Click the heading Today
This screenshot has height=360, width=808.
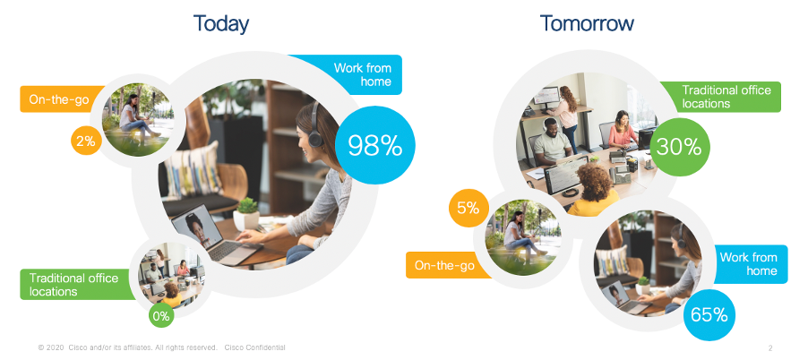click(x=220, y=23)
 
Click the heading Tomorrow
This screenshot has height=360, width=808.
click(x=587, y=23)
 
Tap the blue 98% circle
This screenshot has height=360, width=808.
click(x=375, y=145)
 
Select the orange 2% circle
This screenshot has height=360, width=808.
click(x=86, y=141)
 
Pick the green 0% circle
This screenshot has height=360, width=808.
click(x=161, y=316)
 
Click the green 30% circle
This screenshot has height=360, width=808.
click(x=679, y=148)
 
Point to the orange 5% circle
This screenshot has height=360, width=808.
click(x=468, y=208)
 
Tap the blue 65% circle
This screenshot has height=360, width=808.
click(x=709, y=314)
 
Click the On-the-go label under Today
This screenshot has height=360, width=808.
click(x=59, y=99)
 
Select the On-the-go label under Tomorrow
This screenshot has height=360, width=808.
click(x=444, y=265)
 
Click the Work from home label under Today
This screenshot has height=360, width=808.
click(x=362, y=74)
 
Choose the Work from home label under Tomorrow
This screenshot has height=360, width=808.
click(x=748, y=263)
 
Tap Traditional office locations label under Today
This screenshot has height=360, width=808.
click(x=73, y=285)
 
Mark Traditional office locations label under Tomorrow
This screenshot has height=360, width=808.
click(x=726, y=97)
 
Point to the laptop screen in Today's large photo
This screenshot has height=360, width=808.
click(x=197, y=231)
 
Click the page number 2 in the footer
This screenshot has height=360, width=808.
click(x=770, y=348)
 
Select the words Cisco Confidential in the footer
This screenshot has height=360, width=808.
click(x=254, y=348)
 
